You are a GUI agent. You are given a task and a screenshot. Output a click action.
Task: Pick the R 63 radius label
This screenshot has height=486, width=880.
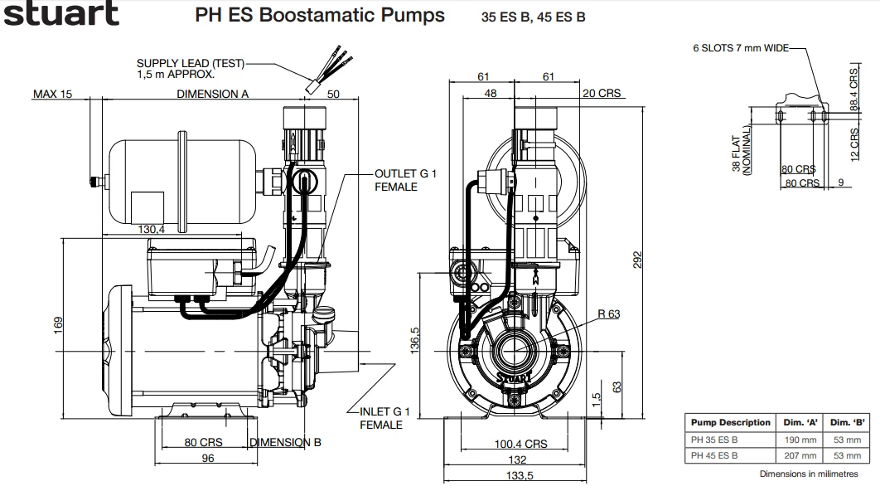pyautogui.click(x=608, y=313)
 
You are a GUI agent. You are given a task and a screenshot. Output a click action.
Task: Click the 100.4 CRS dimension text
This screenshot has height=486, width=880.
pyautogui.click(x=521, y=445)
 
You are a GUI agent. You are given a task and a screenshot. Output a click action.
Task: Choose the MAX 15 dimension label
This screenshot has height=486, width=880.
pyautogui.click(x=52, y=94)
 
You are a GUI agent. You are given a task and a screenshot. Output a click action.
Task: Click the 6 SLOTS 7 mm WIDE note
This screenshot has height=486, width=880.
pyautogui.click(x=741, y=48)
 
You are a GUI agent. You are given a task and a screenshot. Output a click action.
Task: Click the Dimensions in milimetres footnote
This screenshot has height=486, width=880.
pyautogui.click(x=809, y=474)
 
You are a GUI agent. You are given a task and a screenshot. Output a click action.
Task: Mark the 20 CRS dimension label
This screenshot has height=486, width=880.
pyautogui.click(x=602, y=94)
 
